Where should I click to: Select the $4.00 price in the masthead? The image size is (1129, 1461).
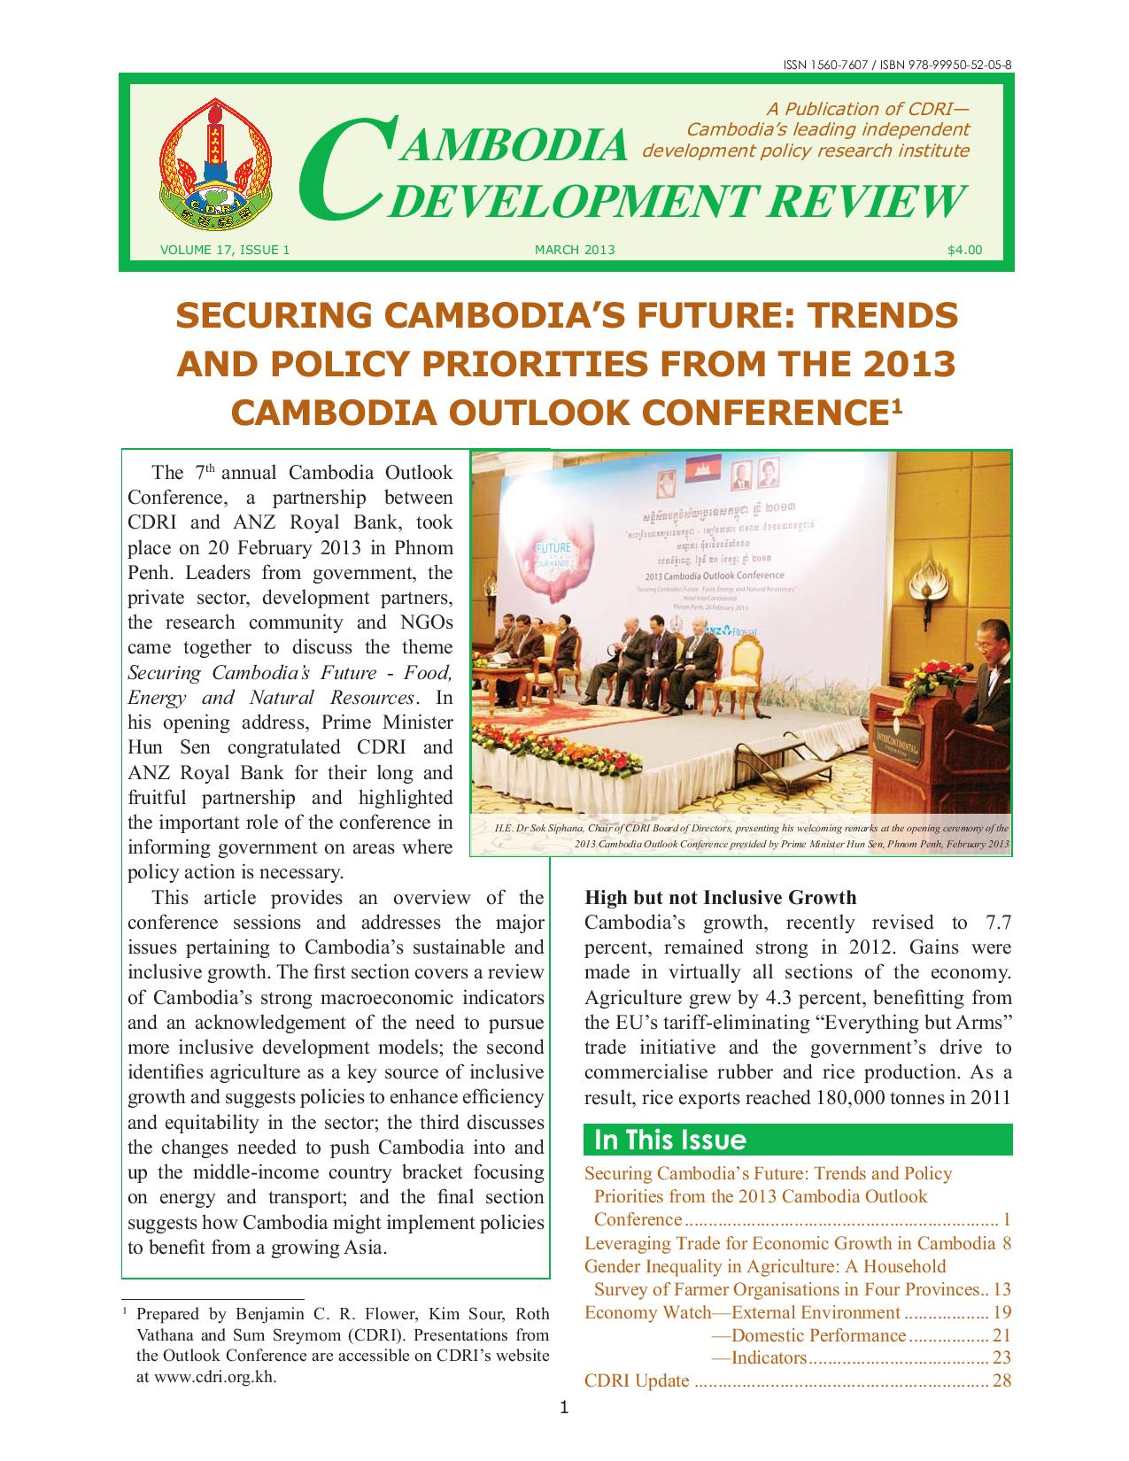pos(964,250)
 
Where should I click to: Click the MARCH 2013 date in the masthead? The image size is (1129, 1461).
pos(575,250)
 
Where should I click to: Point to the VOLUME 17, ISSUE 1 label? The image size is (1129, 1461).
pos(225,250)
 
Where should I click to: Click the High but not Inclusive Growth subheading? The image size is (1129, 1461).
pos(720,897)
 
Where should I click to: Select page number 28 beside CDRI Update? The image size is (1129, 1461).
pos(1001,1380)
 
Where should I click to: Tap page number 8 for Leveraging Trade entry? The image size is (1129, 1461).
pos(1006,1242)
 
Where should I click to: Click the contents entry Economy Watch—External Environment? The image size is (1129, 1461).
pos(742,1312)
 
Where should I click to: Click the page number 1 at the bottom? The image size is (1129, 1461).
pos(564,1408)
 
